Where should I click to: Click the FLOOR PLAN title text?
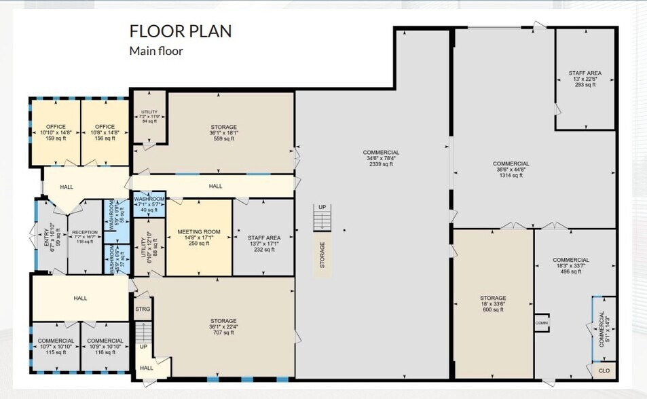pos(180,31)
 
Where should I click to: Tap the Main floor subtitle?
pos(156,51)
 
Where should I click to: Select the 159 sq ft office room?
pos(56,132)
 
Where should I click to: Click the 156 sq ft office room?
pos(105,132)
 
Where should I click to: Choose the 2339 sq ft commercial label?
pos(381,158)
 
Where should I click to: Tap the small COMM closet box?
pos(541,323)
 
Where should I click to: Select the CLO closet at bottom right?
pos(604,371)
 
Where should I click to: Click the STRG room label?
pos(142,309)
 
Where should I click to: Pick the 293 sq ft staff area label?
pos(585,79)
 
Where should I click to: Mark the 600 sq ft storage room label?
pos(493,303)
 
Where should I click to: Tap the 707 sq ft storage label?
pos(223,326)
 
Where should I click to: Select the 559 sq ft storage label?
pos(223,132)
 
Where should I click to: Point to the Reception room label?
pos(85,236)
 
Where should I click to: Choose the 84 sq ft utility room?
pos(149,116)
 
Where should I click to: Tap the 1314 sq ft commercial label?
pos(511,169)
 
